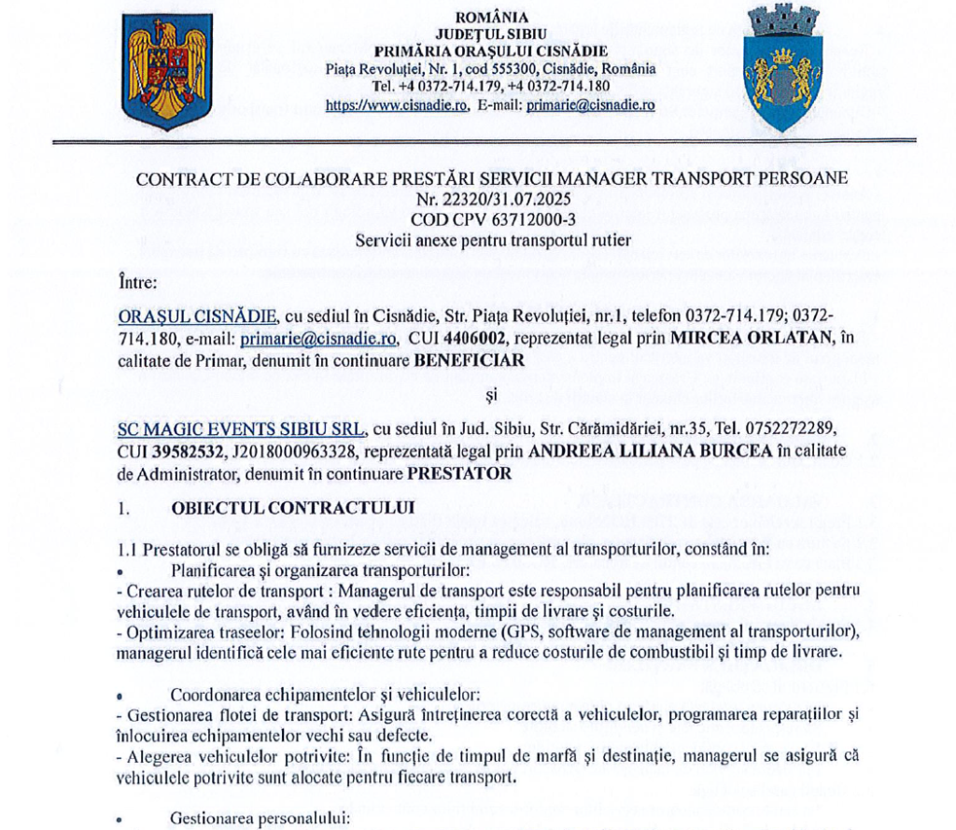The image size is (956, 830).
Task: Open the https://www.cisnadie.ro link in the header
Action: click(x=396, y=106)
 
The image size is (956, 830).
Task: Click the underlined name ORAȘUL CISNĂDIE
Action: click(x=197, y=316)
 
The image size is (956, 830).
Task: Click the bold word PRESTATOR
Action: click(x=460, y=473)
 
